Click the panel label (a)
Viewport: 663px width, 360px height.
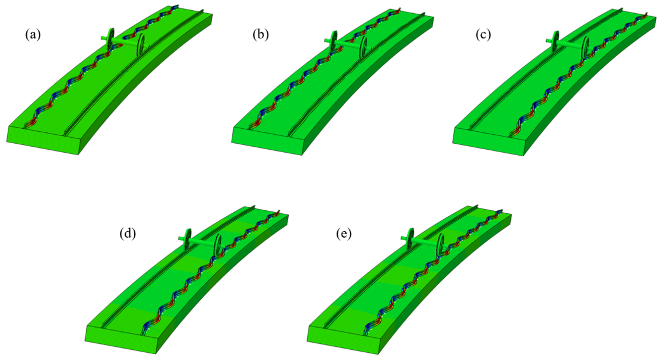33,35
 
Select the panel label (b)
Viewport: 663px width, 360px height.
261,35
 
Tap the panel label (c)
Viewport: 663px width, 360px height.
483,35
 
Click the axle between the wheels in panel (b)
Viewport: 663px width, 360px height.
347,43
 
